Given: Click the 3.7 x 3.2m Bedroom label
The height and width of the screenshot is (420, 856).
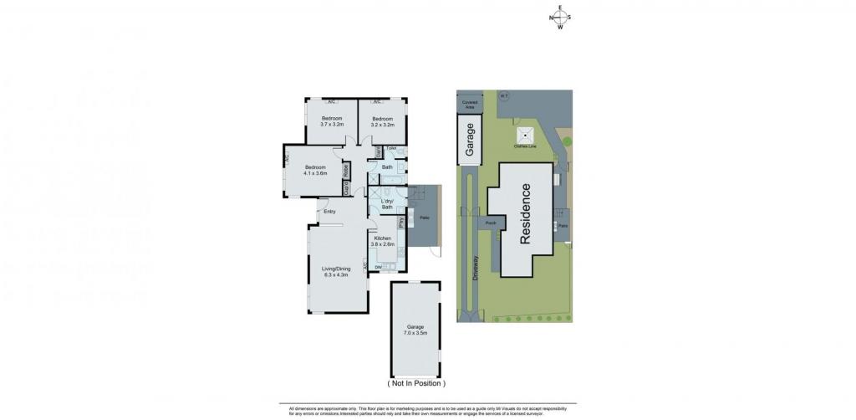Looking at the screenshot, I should (333, 121).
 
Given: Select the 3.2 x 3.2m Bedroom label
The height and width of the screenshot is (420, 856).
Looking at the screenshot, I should (383, 121).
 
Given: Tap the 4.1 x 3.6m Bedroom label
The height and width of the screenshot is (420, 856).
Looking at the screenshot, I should (315, 169).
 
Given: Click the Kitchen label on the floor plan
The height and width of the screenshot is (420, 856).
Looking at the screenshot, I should (384, 242).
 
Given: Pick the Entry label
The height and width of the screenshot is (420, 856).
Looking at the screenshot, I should (330, 211).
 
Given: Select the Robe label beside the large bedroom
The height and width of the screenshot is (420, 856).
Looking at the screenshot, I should (345, 169).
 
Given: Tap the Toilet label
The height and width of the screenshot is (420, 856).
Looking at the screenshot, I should (390, 148).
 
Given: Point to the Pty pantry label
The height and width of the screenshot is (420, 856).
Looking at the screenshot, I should (401, 223).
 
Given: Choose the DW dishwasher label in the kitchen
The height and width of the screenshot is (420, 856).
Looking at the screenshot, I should (379, 267).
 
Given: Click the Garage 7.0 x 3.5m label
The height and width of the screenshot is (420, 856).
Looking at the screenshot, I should (416, 330).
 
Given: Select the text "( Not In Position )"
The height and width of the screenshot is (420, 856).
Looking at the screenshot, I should (417, 382).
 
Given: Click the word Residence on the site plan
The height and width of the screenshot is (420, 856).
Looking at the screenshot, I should (525, 213).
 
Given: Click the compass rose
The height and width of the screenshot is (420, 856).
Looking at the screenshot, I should (560, 18).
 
